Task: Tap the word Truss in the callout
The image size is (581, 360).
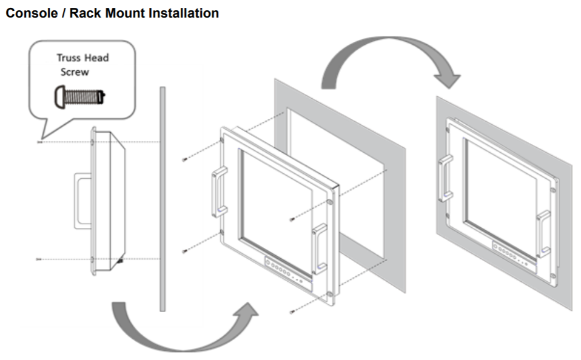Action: click(69, 58)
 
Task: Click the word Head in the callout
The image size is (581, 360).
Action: click(97, 58)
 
